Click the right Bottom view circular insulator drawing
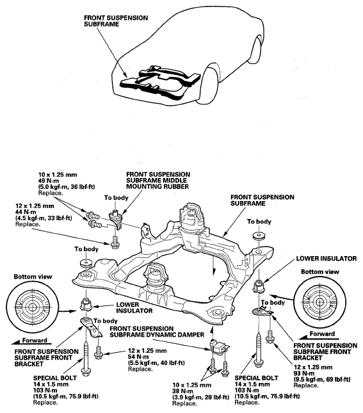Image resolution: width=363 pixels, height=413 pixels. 319,302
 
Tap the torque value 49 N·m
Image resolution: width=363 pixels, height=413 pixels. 49,181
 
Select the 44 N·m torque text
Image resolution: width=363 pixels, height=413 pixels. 26,212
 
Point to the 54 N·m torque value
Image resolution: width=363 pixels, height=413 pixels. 139,357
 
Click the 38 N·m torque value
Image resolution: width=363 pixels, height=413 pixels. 183,391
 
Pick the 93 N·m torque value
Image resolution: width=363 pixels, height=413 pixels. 304,373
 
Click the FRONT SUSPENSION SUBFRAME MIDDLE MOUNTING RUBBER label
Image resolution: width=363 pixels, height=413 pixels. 158,181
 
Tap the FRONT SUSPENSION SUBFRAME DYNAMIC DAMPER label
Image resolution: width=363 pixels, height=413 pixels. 157,332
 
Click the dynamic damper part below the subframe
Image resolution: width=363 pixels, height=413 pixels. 219,347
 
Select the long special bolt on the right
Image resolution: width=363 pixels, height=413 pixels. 259,349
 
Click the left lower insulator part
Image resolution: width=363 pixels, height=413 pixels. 85,305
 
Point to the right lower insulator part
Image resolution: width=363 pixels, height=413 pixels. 259,286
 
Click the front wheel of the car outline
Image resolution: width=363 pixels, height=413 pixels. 210,84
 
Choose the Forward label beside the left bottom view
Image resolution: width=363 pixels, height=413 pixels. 35,340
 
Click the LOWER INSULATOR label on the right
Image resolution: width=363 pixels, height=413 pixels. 327,259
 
